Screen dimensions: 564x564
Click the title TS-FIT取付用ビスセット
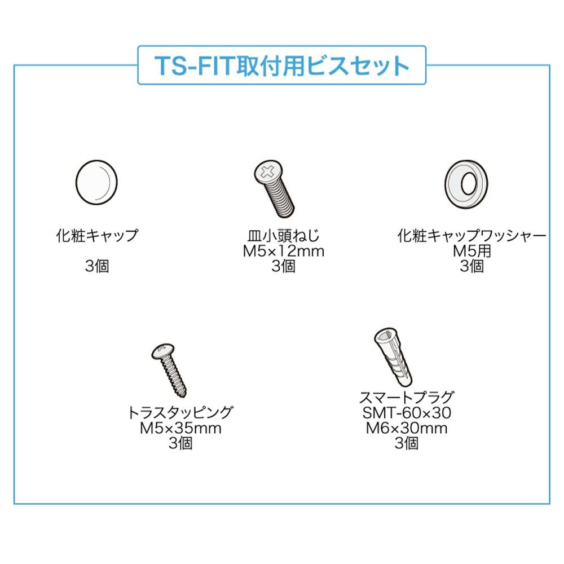pyautogui.click(x=281, y=66)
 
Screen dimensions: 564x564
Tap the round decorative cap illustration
pyautogui.click(x=96, y=182)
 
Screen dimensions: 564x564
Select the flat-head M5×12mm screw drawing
pyautogui.click(x=274, y=189)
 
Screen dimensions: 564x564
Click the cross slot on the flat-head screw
pyautogui.click(x=267, y=172)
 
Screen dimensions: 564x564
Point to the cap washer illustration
pyautogui.click(x=466, y=184)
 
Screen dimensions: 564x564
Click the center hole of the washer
pyautogui.click(x=469, y=184)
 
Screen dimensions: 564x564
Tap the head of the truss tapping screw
pyautogui.click(x=162, y=351)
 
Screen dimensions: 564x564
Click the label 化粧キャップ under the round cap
pyautogui.click(x=97, y=236)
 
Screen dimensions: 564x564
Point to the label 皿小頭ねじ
pyautogui.click(x=284, y=236)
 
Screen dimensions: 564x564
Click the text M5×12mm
pyautogui.click(x=284, y=251)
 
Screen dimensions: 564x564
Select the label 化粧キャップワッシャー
pyautogui.click(x=472, y=236)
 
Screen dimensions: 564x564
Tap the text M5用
pyautogui.click(x=472, y=251)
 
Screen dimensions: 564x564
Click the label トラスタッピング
pyautogui.click(x=180, y=413)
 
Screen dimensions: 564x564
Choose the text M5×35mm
pyautogui.click(x=180, y=428)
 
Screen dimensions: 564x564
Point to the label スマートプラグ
pyautogui.click(x=407, y=397)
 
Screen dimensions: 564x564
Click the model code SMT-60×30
pyautogui.click(x=407, y=413)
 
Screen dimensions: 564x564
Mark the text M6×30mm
pyautogui.click(x=407, y=428)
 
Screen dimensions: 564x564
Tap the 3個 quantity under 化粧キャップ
pyautogui.click(x=97, y=266)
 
